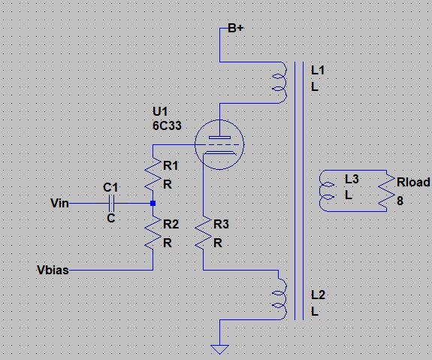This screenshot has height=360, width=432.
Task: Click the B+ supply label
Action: click(236, 28)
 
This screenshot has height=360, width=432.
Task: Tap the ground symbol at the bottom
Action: click(219, 349)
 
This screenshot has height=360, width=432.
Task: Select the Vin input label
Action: click(59, 203)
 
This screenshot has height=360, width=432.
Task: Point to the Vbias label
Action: click(53, 270)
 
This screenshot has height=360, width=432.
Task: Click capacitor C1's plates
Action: click(112, 204)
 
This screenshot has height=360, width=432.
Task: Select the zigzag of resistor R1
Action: click(153, 174)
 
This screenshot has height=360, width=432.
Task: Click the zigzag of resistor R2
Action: click(153, 233)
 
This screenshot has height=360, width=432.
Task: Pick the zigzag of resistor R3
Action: click(204, 233)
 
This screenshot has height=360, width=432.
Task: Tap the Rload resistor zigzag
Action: click(386, 191)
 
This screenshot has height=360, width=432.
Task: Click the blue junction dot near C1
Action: click(153, 204)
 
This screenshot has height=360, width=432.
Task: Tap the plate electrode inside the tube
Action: click(219, 138)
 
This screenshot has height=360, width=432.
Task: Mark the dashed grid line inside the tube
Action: click(219, 144)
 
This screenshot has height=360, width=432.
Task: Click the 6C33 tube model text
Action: click(167, 126)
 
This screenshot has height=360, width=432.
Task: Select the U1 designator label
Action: click(160, 112)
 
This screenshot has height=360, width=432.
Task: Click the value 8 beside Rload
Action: click(400, 201)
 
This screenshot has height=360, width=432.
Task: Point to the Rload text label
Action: click(413, 182)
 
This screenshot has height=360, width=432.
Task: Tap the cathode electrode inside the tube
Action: click(219, 153)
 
